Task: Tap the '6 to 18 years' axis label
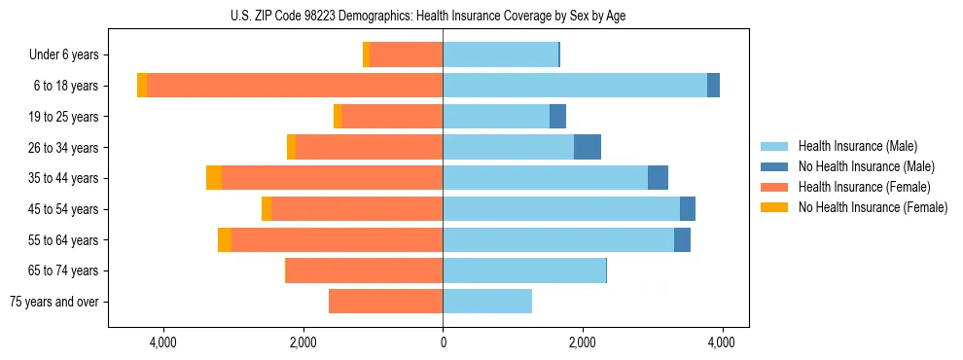click(x=65, y=86)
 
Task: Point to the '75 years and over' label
click(x=54, y=302)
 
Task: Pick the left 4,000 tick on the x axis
click(x=162, y=342)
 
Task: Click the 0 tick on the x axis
click(x=443, y=342)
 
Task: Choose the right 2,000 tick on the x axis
click(x=582, y=342)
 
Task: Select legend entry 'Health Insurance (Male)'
click(x=857, y=146)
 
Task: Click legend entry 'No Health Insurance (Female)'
click(x=873, y=207)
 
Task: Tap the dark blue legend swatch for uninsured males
click(x=774, y=166)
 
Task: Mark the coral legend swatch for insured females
click(x=774, y=187)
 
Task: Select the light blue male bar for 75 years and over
click(x=487, y=302)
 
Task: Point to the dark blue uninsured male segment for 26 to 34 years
click(x=588, y=147)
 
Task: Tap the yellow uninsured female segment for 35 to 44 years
click(x=214, y=178)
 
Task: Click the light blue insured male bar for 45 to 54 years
click(x=561, y=209)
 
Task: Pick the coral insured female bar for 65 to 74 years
click(x=364, y=270)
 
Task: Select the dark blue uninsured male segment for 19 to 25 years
click(x=557, y=117)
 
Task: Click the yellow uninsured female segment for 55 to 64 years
click(x=225, y=239)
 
